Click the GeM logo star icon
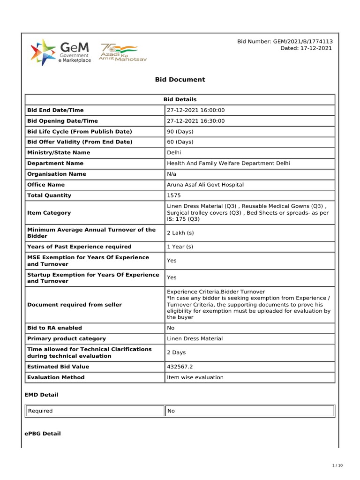(x=42, y=52)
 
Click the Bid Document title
(x=180, y=80)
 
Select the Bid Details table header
(x=180, y=99)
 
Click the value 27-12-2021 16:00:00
(x=196, y=110)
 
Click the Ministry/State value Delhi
(x=174, y=153)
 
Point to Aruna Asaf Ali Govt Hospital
(x=205, y=185)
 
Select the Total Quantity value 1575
(x=174, y=195)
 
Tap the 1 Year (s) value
(x=180, y=247)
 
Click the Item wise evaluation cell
(x=195, y=377)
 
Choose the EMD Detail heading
(x=41, y=395)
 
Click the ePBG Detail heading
(x=43, y=434)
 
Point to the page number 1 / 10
(x=337, y=465)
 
